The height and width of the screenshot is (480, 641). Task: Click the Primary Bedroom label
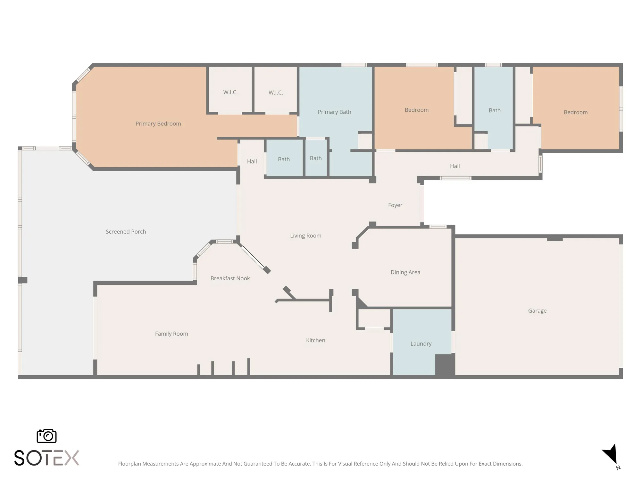[158, 124]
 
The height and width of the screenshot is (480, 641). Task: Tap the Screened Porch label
[126, 232]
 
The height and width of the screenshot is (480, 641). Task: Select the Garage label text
[537, 311]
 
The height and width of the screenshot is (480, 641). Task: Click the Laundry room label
[421, 344]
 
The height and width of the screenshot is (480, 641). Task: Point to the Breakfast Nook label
[230, 278]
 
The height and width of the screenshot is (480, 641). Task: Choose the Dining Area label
[405, 272]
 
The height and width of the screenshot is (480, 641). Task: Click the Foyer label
[395, 205]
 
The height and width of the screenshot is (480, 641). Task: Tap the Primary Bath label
[334, 112]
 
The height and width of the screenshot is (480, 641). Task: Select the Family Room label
[171, 334]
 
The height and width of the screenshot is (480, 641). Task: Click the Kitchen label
[315, 340]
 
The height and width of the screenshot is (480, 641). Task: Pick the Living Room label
[305, 236]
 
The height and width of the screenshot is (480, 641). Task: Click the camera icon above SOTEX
[46, 436]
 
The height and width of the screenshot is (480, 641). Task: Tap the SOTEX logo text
[46, 458]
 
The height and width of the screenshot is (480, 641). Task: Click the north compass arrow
[611, 454]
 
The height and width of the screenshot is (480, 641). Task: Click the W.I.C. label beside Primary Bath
[276, 93]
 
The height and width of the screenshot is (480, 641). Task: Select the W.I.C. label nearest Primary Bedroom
[230, 92]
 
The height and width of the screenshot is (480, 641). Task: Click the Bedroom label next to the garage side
[576, 112]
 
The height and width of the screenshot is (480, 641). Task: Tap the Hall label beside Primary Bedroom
[252, 162]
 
